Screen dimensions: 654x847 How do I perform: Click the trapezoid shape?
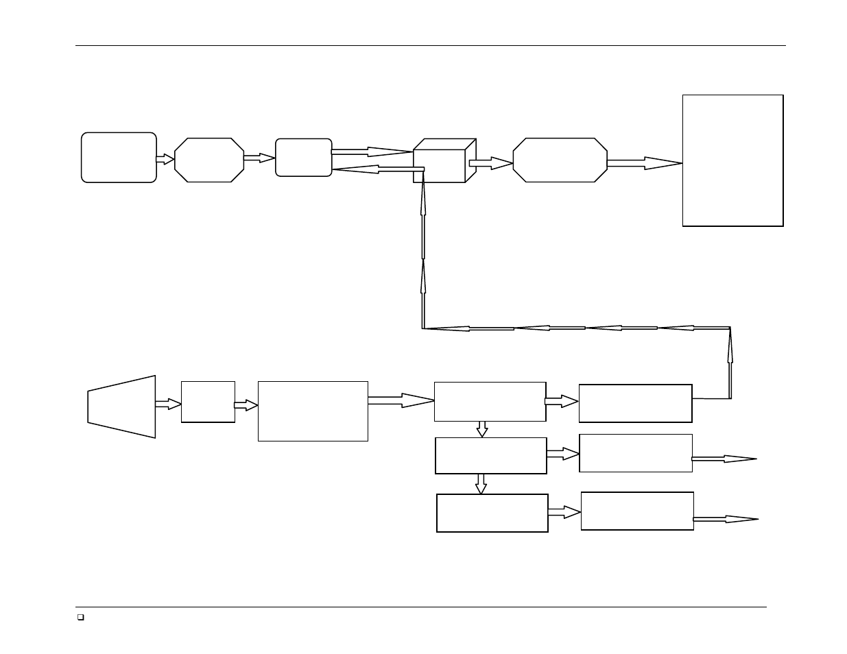click(121, 407)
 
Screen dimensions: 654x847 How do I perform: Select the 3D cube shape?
click(442, 161)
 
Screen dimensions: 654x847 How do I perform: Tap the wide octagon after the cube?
click(560, 160)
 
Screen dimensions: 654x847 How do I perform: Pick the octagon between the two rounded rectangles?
click(209, 160)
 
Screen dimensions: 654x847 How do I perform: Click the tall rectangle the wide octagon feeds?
click(732, 160)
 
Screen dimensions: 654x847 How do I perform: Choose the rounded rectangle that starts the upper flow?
click(119, 158)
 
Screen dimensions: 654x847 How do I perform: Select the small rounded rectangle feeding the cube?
click(303, 158)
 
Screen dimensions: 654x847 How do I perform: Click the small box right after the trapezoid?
click(208, 402)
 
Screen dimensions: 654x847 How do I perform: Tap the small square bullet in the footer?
click(80, 618)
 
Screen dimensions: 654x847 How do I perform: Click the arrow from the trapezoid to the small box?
click(168, 404)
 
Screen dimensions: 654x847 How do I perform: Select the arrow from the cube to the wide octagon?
click(490, 163)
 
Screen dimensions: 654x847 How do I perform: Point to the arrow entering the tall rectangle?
click(644, 163)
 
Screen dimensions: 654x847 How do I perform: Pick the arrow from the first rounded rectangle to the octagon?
click(165, 159)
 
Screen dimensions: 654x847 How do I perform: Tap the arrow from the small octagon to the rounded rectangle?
click(259, 158)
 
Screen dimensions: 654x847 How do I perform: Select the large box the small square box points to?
click(313, 411)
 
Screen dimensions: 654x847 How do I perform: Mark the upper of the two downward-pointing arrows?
click(482, 429)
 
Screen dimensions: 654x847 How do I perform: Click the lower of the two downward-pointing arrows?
click(481, 484)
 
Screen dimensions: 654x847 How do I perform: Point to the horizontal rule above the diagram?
click(430, 46)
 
